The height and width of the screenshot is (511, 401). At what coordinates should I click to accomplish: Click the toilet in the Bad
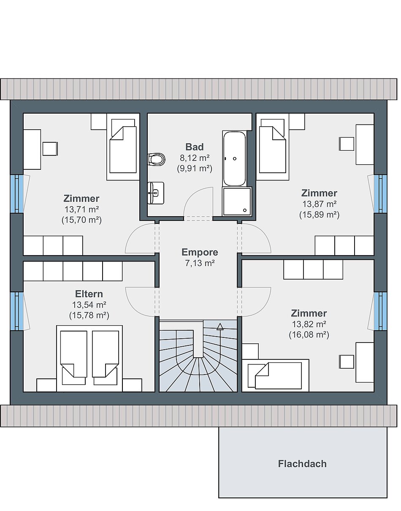(x=157, y=160)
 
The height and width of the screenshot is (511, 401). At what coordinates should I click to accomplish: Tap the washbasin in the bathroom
(x=156, y=193)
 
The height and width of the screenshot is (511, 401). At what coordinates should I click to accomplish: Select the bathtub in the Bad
(x=234, y=158)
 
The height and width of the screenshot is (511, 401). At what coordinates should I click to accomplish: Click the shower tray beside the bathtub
(x=237, y=201)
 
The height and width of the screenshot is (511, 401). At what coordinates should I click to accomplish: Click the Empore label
(x=200, y=252)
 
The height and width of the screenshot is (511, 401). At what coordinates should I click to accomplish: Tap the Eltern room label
(x=89, y=294)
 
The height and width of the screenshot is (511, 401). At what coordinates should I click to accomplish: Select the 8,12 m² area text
(x=195, y=158)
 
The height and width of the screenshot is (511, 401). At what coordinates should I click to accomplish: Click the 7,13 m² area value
(x=200, y=263)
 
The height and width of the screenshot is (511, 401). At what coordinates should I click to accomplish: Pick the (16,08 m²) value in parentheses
(x=309, y=334)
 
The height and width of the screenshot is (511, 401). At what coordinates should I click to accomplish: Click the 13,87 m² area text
(x=319, y=204)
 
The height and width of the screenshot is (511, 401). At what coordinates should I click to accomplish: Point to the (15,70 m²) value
(x=81, y=220)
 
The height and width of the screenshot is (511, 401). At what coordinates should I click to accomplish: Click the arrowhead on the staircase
(x=220, y=326)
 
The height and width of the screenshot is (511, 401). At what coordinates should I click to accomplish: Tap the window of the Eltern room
(x=17, y=311)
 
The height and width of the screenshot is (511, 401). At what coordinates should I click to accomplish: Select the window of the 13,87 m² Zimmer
(x=380, y=194)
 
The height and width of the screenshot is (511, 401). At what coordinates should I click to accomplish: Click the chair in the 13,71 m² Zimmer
(x=50, y=149)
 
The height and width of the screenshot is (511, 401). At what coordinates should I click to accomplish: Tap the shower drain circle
(x=245, y=210)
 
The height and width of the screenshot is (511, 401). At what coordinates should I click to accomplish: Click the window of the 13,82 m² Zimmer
(x=380, y=311)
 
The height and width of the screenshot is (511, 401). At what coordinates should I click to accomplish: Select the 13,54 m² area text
(x=89, y=305)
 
